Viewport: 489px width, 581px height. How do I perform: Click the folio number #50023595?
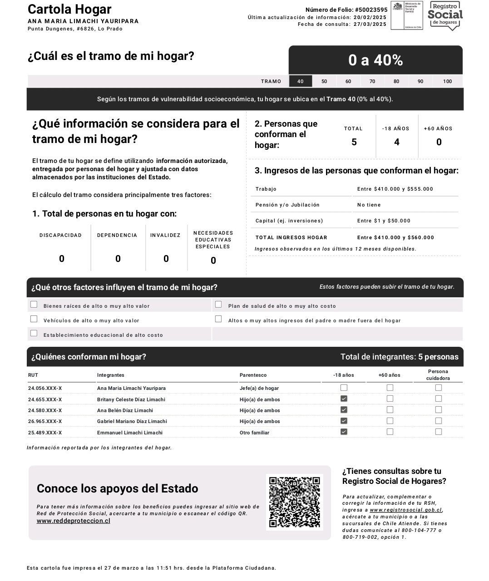pyautogui.click(x=371, y=10)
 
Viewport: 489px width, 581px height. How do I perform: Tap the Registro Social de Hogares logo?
pyautogui.click(x=445, y=16)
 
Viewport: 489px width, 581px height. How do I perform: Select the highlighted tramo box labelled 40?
pyautogui.click(x=300, y=81)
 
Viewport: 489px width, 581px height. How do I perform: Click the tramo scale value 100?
pyautogui.click(x=447, y=81)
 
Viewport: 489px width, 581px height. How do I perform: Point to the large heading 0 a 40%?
pyautogui.click(x=375, y=60)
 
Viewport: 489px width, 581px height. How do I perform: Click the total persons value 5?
pyautogui.click(x=354, y=142)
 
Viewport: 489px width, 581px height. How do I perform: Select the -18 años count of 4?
pyautogui.click(x=396, y=142)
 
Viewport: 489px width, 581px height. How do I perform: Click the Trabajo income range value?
pyautogui.click(x=395, y=189)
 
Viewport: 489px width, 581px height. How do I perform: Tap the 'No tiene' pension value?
pyautogui.click(x=369, y=205)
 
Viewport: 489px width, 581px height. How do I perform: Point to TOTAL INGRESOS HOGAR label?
pyautogui.click(x=291, y=237)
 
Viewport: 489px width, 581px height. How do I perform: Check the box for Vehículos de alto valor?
pyautogui.click(x=34, y=319)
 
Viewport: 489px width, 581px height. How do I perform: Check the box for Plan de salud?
pyautogui.click(x=218, y=305)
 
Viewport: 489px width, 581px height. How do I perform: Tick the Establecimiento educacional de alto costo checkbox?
pyautogui.click(x=34, y=334)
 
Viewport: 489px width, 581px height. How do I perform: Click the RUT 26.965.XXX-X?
pyautogui.click(x=45, y=421)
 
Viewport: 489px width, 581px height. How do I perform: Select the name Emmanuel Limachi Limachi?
pyautogui.click(x=129, y=433)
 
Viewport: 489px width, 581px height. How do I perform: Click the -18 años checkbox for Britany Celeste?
pyautogui.click(x=344, y=399)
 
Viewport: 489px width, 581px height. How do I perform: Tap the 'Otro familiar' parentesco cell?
pyautogui.click(x=254, y=433)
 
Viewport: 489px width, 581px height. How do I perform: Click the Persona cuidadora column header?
pyautogui.click(x=438, y=375)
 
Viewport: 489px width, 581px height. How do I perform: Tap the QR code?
pyautogui.click(x=294, y=502)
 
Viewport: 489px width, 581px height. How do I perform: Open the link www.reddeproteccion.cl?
pyautogui.click(x=73, y=521)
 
